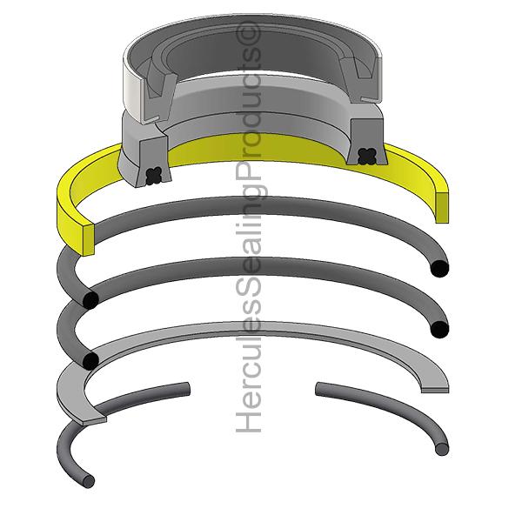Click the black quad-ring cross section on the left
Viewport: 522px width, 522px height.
[x=154, y=176]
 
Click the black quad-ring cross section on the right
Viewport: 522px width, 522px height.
[x=367, y=157]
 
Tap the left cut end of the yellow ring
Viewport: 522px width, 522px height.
[x=88, y=240]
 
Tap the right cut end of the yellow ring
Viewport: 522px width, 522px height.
[x=441, y=208]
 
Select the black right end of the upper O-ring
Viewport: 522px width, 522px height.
[x=439, y=269]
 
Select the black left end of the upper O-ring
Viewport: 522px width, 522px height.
[x=90, y=299]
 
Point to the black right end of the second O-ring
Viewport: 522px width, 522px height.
[x=439, y=330]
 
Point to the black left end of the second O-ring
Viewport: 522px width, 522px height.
[x=90, y=360]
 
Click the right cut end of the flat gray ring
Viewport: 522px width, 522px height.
[x=435, y=390]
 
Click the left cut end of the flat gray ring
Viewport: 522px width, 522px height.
[x=95, y=419]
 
